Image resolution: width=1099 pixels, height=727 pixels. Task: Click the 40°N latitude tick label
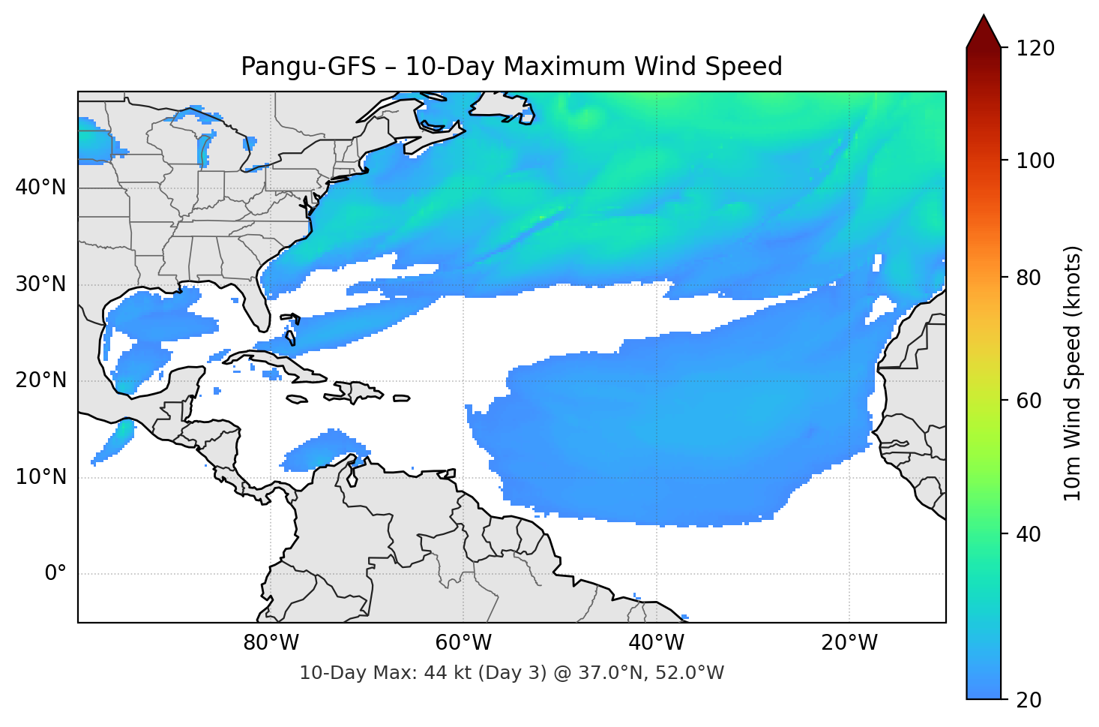(x=40, y=188)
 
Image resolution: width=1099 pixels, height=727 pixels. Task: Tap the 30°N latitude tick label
(x=40, y=284)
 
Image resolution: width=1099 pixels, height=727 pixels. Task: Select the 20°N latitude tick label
(x=40, y=380)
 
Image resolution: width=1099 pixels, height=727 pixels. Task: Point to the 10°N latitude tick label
(x=40, y=477)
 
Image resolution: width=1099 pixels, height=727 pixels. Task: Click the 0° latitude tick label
(x=55, y=574)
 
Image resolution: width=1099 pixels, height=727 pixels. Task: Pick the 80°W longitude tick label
(x=271, y=643)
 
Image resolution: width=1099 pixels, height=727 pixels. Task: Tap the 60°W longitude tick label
(x=463, y=643)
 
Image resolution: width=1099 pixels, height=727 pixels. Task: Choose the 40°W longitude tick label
(x=657, y=643)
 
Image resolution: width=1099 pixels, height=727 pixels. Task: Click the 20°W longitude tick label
(x=849, y=643)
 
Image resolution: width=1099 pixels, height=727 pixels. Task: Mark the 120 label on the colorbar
(x=1035, y=49)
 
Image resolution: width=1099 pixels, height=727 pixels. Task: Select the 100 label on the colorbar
(x=1035, y=161)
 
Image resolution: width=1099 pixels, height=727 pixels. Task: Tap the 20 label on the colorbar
(x=1029, y=700)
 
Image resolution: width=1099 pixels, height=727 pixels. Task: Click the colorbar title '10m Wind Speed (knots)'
(x=1073, y=373)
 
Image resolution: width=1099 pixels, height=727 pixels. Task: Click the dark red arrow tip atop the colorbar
(x=984, y=30)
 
